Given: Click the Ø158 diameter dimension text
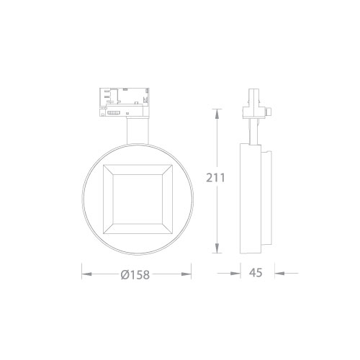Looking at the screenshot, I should click(x=137, y=274).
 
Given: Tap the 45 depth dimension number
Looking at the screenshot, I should click(x=256, y=274).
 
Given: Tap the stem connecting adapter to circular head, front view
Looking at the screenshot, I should click(x=135, y=130).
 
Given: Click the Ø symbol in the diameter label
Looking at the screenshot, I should click(x=125, y=274).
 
